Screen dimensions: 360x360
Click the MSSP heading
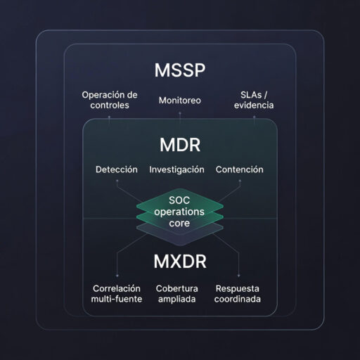[179, 72]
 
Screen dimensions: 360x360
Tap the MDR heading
[179, 146]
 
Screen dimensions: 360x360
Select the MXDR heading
[179, 262]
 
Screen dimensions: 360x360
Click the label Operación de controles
[109, 101]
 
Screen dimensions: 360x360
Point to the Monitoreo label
[179, 101]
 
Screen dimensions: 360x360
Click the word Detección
[116, 169]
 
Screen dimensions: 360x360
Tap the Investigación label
[176, 169]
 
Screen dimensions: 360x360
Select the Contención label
[239, 169]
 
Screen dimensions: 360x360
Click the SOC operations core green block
[179, 211]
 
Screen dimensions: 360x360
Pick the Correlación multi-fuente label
[117, 294]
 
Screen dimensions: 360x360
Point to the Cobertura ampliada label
[177, 294]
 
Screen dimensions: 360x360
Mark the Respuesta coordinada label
[238, 294]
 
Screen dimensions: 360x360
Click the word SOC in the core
[179, 200]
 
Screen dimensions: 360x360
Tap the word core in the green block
[179, 222]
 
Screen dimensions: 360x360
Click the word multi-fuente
[117, 300]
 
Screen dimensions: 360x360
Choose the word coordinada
[238, 300]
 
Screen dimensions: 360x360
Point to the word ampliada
[177, 300]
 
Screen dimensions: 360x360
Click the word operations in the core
[179, 211]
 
